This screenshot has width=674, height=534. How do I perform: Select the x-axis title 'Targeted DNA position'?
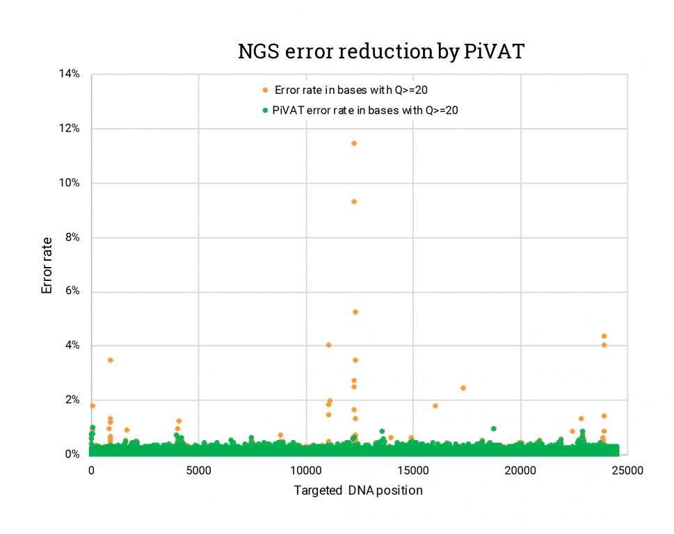pyautogui.click(x=358, y=489)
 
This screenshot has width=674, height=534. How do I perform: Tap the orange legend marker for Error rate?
pyautogui.click(x=264, y=90)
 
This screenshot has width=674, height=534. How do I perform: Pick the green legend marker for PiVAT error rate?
pyautogui.click(x=264, y=110)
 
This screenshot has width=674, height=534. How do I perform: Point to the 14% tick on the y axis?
pyautogui.click(x=69, y=74)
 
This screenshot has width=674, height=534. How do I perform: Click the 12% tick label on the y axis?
pyautogui.click(x=69, y=129)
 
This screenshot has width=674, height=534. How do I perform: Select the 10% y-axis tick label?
pyautogui.click(x=69, y=183)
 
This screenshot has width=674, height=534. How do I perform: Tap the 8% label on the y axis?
pyautogui.click(x=72, y=237)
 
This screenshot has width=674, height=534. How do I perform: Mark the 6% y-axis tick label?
pyautogui.click(x=72, y=291)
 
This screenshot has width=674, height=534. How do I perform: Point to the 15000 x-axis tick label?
pyautogui.click(x=412, y=470)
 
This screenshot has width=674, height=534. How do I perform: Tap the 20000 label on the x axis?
pyautogui.click(x=520, y=470)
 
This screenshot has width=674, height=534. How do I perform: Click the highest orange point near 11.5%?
pyautogui.click(x=354, y=143)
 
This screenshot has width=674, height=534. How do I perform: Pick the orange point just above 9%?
pyautogui.click(x=354, y=202)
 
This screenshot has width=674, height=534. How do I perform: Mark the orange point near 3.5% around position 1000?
pyautogui.click(x=110, y=360)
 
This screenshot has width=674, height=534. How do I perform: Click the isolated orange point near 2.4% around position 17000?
pyautogui.click(x=463, y=388)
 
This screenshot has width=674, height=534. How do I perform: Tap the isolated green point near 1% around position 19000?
pyautogui.click(x=493, y=428)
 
